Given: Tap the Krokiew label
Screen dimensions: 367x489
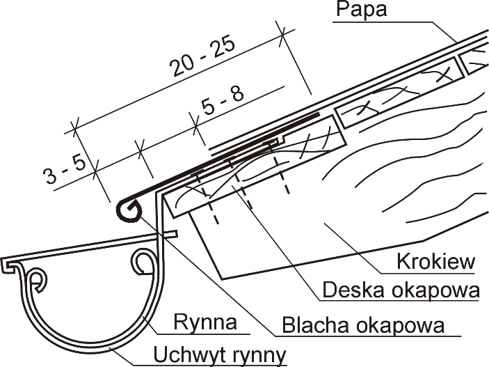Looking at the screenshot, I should (435, 261).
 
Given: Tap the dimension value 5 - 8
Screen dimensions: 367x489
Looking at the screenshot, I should (222, 104).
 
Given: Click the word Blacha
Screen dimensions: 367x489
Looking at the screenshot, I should (312, 324).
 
